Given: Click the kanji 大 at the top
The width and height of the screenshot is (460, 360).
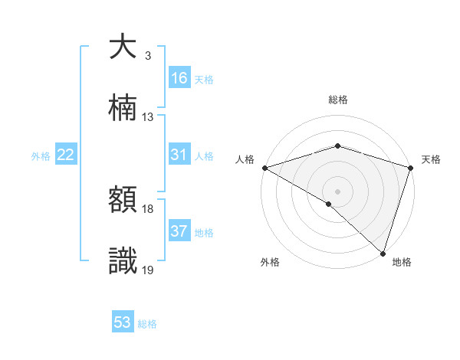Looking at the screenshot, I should (123, 47).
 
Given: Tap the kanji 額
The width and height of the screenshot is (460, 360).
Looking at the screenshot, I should (123, 200).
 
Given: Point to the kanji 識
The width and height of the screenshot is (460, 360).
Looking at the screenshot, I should (123, 261).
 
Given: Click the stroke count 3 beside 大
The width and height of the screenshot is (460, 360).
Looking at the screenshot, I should (147, 56).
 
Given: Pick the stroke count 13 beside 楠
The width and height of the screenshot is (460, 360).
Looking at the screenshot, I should (148, 117).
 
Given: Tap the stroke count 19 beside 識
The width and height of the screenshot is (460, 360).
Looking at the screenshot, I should (148, 270).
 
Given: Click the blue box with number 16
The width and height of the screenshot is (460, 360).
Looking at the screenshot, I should (179, 78).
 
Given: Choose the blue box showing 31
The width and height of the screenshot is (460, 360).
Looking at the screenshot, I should (179, 155).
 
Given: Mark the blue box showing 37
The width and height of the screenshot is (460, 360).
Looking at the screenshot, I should (179, 231).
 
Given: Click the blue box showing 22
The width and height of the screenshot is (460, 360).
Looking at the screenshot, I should (66, 155).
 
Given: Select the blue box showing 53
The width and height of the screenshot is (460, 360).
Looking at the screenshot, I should (123, 322).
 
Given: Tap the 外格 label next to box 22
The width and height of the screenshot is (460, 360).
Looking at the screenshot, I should (41, 156).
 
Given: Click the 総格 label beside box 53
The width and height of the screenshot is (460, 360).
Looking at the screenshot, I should (147, 324).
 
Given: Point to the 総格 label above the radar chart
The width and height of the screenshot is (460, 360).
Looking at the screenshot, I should (337, 100).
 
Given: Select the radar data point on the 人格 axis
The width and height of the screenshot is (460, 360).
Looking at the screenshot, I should (264, 168).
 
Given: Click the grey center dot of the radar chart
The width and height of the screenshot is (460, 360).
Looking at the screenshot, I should (337, 191).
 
